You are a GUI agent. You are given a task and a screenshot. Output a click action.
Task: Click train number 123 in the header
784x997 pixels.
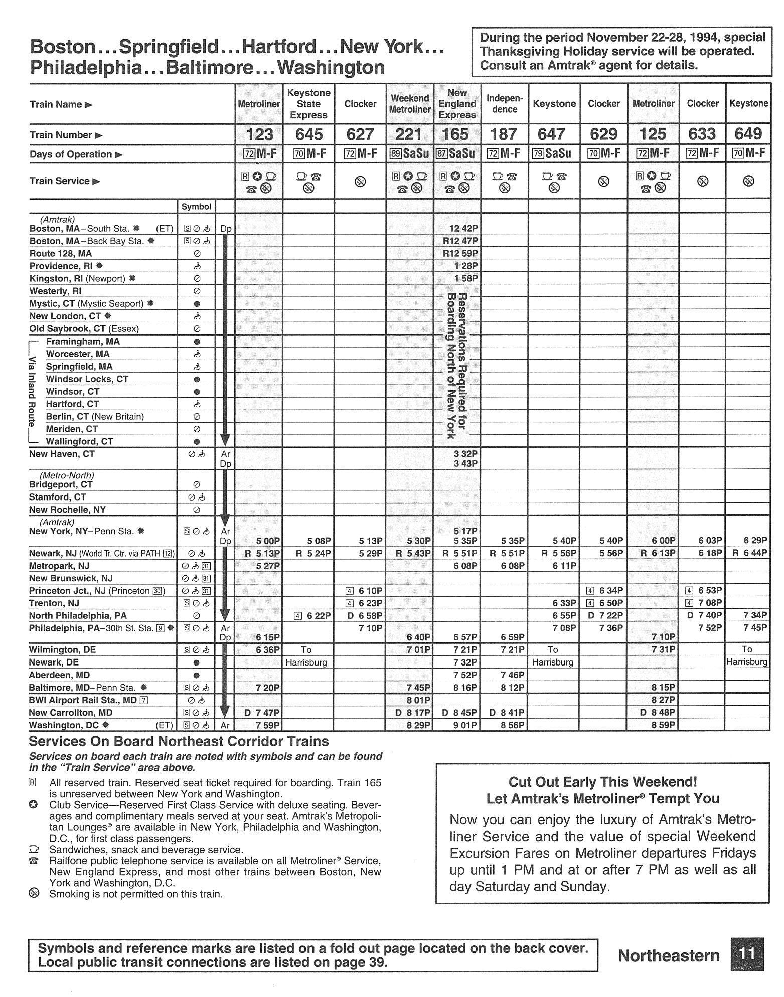[260, 134]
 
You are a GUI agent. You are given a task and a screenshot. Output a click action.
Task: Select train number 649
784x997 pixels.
[748, 134]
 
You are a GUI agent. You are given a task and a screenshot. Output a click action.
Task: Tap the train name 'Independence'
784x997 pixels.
[504, 104]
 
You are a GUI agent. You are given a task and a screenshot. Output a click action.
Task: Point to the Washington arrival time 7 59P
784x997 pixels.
[267, 725]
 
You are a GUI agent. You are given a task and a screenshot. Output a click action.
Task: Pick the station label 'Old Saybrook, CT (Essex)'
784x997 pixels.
[84, 329]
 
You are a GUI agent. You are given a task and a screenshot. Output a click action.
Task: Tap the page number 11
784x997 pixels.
[747, 954]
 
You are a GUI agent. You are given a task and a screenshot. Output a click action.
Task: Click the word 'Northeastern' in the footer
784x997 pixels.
[669, 955]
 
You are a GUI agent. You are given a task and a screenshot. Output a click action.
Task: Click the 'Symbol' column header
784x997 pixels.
[196, 207]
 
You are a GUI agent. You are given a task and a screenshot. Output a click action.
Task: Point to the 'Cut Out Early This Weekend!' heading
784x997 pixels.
[602, 782]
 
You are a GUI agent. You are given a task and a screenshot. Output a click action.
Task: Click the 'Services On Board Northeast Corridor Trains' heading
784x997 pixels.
[179, 741]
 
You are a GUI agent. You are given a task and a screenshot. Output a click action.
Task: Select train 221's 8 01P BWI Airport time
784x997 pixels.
[418, 700]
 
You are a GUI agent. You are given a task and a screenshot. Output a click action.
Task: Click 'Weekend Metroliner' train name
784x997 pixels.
[409, 104]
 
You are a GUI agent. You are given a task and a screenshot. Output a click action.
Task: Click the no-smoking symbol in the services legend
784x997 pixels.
[34, 894]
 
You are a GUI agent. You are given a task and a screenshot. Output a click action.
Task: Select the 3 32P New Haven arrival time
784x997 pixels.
[465, 454]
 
